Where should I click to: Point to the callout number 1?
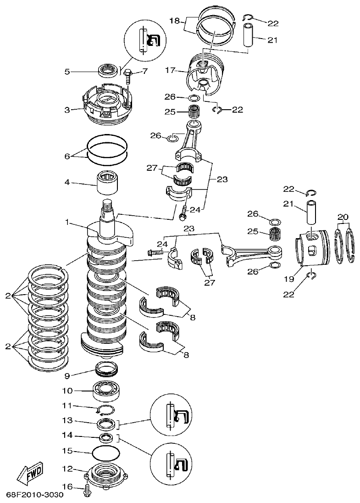pos(67,222)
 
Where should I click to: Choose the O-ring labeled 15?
pos(106,453)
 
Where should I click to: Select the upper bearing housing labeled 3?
pos(106,103)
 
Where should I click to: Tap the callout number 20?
pos(343,217)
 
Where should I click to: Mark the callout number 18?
pos(175,21)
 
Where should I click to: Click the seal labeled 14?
pos(106,437)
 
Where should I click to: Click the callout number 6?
pos(67,156)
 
